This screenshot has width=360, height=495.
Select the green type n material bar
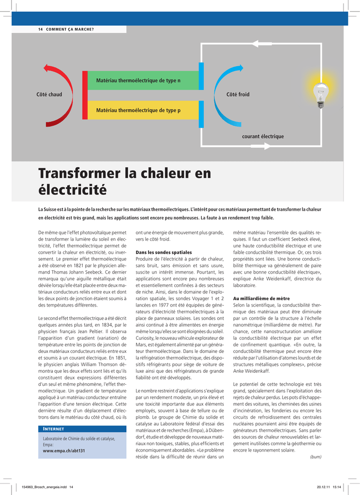click(x=143, y=80)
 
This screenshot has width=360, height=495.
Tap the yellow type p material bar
click(x=143, y=111)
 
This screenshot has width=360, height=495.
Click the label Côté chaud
click(x=49, y=94)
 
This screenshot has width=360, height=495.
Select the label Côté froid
click(x=238, y=94)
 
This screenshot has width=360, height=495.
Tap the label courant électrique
click(x=263, y=137)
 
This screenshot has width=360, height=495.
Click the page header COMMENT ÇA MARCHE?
click(x=70, y=29)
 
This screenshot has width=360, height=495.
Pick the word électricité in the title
click(x=72, y=190)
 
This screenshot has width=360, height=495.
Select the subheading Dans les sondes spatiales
click(x=164, y=252)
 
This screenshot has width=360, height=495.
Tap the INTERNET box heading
click(x=54, y=429)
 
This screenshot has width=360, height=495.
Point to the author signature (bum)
click(x=315, y=457)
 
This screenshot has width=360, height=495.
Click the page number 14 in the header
click(x=40, y=29)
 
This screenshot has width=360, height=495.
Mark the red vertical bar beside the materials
click(x=85, y=95)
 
